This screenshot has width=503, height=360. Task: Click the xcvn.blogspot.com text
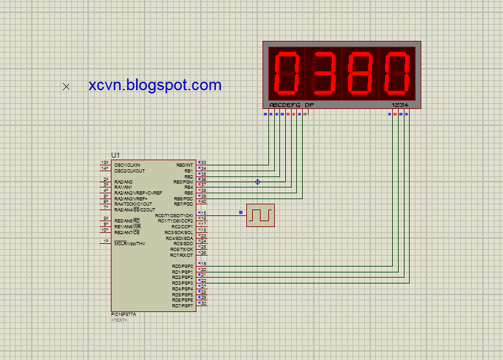click(155, 85)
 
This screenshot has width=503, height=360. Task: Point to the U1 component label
click(115, 155)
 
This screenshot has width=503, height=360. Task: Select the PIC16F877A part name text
click(124, 315)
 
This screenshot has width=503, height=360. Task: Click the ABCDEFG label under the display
click(285, 104)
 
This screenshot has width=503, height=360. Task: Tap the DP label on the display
click(309, 104)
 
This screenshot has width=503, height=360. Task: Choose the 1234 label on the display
click(399, 104)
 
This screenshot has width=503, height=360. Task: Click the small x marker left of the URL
click(66, 86)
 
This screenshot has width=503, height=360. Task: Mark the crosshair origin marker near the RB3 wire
click(257, 182)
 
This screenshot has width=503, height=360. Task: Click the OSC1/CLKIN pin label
click(127, 165)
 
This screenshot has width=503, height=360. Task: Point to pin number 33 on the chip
click(203, 162)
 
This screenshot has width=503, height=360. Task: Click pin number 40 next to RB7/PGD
click(203, 202)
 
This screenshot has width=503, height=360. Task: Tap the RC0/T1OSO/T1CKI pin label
click(174, 215)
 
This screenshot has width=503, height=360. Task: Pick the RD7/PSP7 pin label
click(182, 306)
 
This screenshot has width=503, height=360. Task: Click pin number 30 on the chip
click(203, 303)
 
